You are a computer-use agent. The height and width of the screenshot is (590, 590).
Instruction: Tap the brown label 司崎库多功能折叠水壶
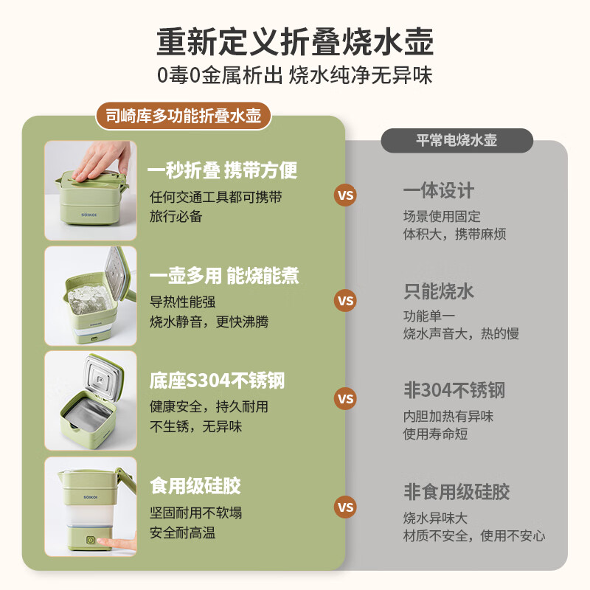pos(183,115)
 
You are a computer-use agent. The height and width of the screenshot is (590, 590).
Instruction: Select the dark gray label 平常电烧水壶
pos(457,140)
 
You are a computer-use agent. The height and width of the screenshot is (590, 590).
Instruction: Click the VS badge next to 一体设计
pos(345,195)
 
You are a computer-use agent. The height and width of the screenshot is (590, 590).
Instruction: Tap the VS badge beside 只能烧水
pos(345,300)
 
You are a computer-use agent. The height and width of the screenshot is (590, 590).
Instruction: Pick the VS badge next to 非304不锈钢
pos(345,399)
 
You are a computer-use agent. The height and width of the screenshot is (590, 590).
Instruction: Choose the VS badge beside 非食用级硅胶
pos(345,507)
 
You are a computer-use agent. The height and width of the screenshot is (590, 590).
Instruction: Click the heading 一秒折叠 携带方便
pos(223,171)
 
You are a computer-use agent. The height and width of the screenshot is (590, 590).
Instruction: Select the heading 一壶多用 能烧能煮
pos(223,276)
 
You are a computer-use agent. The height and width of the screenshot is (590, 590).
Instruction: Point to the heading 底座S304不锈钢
pos(217,381)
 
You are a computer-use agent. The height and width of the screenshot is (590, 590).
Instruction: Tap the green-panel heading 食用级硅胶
pos(195,486)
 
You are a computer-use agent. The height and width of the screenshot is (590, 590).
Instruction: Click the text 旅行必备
pos(176,217)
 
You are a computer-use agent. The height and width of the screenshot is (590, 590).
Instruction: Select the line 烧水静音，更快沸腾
pos(209,322)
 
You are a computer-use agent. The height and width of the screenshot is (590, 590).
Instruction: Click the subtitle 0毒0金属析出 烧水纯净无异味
pos(294,75)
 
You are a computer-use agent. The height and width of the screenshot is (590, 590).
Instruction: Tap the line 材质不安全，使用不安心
pos(473,535)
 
